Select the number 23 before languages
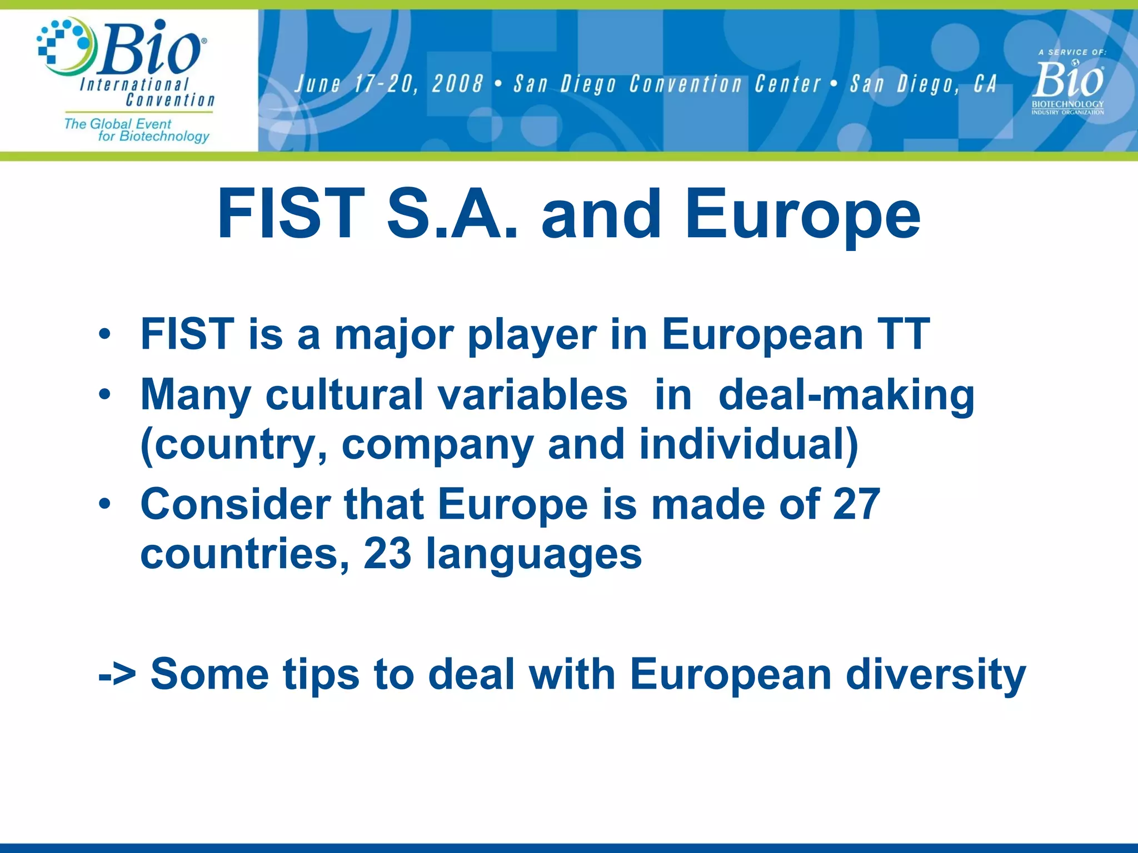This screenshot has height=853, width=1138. (x=387, y=554)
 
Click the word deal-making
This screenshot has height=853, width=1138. (x=846, y=395)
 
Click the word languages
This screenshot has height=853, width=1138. (x=533, y=554)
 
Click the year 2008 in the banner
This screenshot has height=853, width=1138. (x=457, y=84)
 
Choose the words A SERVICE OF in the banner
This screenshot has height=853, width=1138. (x=1072, y=52)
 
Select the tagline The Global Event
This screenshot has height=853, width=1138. (x=118, y=123)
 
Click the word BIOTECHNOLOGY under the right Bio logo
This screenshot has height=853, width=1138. (x=1067, y=104)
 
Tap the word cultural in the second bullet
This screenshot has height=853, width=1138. (x=345, y=395)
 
